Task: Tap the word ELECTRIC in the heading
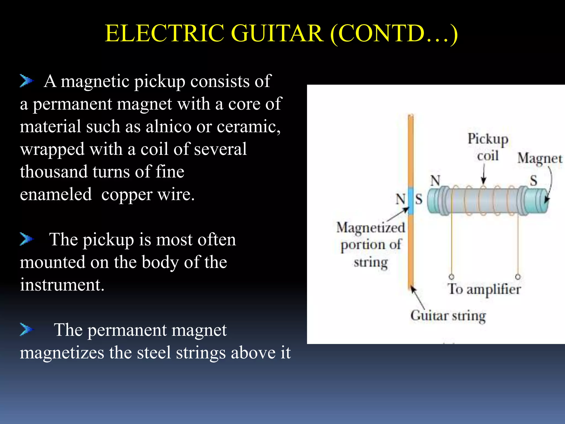point(164,33)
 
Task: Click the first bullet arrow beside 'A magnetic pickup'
point(26,81)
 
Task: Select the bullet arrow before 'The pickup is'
point(26,239)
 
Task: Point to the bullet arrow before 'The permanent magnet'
point(26,329)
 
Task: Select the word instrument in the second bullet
point(62,285)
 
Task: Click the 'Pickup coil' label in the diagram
point(488,147)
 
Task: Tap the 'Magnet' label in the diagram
point(540,159)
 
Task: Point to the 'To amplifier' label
point(484,289)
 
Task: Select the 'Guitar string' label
point(448,316)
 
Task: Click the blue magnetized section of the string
point(411,200)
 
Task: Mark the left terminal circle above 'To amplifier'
point(452,277)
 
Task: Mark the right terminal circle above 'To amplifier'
point(518,277)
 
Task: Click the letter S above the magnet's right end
point(534,181)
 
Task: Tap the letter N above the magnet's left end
point(435,181)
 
